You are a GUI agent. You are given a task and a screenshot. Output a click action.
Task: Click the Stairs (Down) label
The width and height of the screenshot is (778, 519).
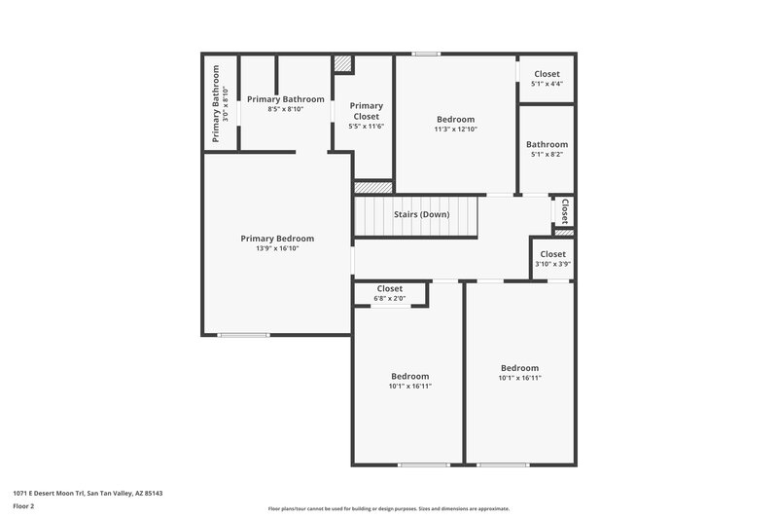coord(421,214)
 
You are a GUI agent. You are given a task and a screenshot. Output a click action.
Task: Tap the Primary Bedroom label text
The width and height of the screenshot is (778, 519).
coord(277,239)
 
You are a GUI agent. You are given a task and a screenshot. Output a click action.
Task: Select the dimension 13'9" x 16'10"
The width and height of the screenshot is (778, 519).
coord(277,249)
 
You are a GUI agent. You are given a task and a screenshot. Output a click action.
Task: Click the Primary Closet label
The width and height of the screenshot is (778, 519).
coord(366,111)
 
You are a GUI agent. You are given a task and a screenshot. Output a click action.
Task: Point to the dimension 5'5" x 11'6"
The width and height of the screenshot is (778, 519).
coord(366,127)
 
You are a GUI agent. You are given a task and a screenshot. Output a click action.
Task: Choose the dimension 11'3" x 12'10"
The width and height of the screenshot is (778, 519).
coord(455,130)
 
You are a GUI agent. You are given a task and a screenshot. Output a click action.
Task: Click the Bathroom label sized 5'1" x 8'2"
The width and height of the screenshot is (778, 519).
coord(547,144)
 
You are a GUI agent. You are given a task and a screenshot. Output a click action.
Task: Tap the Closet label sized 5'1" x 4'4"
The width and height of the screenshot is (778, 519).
coord(547,74)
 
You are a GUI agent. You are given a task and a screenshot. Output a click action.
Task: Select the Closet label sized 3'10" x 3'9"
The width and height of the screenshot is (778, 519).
coord(551,254)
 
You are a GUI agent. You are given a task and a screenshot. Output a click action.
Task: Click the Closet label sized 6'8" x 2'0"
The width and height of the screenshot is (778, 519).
coord(390,288)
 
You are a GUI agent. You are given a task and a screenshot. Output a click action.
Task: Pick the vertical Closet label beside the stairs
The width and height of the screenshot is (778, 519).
coord(564,211)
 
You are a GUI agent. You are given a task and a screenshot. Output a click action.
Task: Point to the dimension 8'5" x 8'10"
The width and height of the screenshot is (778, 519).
coord(285,109)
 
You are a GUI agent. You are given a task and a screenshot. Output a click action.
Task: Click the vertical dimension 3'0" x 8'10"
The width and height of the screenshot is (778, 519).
coord(226,102)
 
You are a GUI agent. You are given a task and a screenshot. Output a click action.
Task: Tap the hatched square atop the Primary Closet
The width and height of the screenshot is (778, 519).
coord(342,63)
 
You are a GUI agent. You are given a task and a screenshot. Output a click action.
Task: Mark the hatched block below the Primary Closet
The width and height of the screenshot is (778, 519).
coord(372,186)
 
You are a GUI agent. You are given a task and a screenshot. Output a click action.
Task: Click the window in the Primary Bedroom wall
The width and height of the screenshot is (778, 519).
coord(243,335)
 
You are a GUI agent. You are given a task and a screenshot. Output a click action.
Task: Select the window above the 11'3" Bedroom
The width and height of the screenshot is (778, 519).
coord(425,54)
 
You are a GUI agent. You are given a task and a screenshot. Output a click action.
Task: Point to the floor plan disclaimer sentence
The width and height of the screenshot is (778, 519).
coord(388,508)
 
